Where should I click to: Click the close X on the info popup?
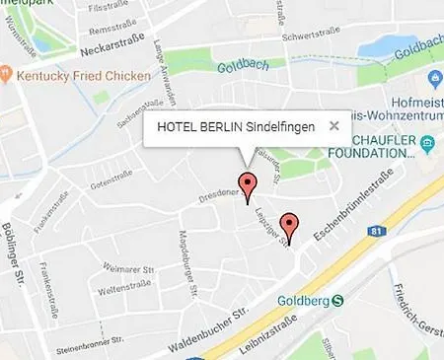click(x=334, y=126)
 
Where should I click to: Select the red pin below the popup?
click(x=248, y=184)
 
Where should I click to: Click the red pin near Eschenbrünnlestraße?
click(x=288, y=225)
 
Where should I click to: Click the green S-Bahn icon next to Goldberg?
click(x=338, y=301)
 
